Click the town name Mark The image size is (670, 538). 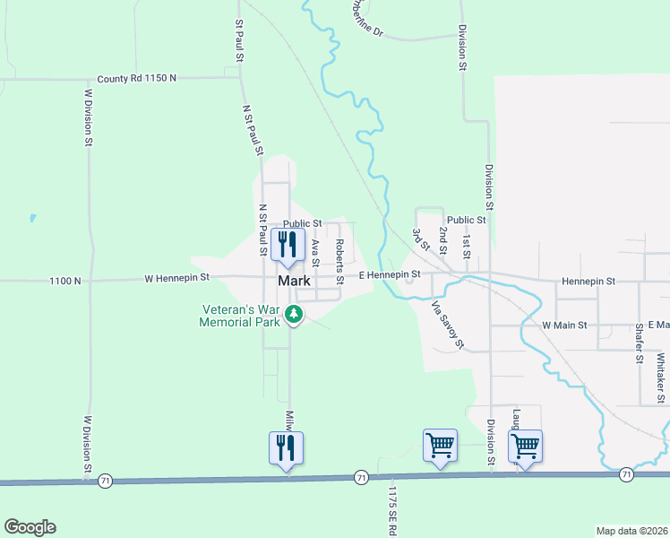tap(294, 281)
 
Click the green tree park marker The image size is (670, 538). tap(294, 314)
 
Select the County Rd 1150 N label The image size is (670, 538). tap(137, 78)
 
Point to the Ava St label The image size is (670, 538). tap(315, 252)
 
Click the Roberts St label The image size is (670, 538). tap(339, 261)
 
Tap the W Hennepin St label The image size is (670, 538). tap(176, 279)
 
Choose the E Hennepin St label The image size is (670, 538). tap(390, 275)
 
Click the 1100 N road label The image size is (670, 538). tap(64, 281)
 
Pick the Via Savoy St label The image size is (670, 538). tap(447, 325)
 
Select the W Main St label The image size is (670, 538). tap(564, 325)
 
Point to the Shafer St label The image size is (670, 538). tap(639, 343)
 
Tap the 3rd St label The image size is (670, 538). tap(417, 240)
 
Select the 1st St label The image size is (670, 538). tap(466, 244)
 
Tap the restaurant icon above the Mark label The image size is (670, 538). tap(288, 245)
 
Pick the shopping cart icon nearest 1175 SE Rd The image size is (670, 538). tap(439, 446)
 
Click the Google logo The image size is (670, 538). tap(30, 527)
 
